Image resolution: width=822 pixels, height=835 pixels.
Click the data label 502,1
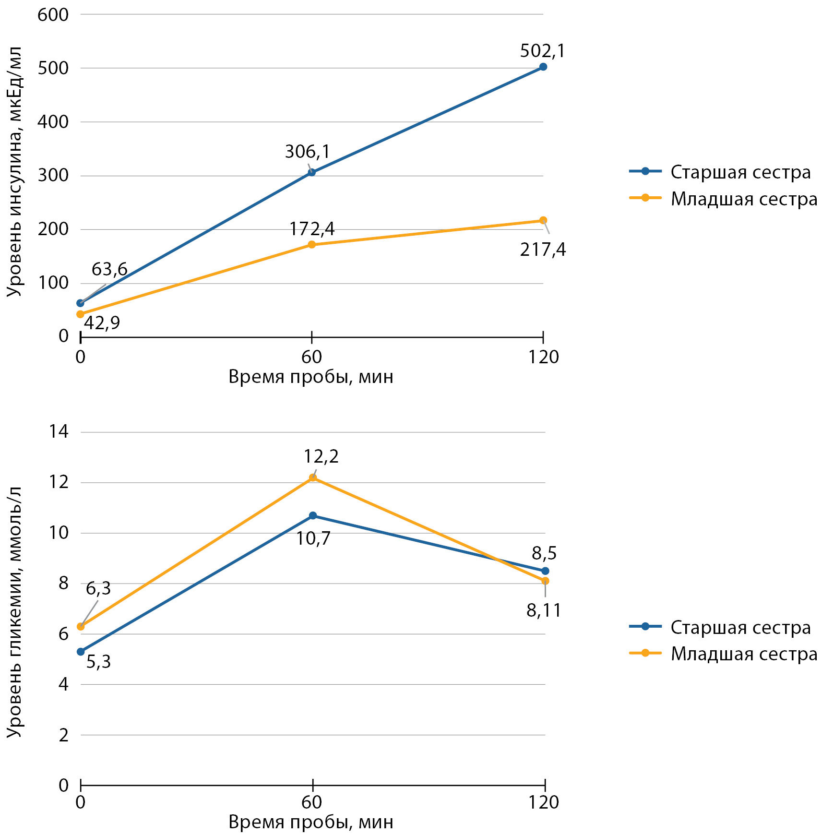(x=542, y=51)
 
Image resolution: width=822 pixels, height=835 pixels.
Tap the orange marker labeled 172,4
(x=311, y=245)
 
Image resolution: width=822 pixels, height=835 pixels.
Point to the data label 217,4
(x=543, y=250)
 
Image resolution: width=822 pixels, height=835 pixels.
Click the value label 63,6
(x=109, y=270)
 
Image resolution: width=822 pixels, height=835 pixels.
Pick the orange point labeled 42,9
(x=80, y=314)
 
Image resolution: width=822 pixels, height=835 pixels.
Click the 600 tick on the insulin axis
(x=53, y=15)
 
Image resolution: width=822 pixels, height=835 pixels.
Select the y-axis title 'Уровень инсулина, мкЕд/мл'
(x=15, y=172)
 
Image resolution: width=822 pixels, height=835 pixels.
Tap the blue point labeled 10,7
(x=313, y=516)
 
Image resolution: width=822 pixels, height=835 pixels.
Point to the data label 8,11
(x=544, y=610)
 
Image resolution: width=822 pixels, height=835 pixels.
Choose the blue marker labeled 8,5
(x=545, y=571)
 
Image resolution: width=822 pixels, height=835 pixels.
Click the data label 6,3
(x=98, y=588)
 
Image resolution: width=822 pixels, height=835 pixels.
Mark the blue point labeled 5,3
(x=81, y=652)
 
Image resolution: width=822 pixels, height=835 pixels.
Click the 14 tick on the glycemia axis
(x=59, y=432)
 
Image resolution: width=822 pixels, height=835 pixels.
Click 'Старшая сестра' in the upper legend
(x=740, y=172)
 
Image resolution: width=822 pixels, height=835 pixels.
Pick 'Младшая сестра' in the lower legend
(x=744, y=654)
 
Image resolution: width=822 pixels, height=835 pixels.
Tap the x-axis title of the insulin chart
(x=311, y=377)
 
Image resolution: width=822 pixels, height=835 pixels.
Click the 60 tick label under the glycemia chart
(x=312, y=802)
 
